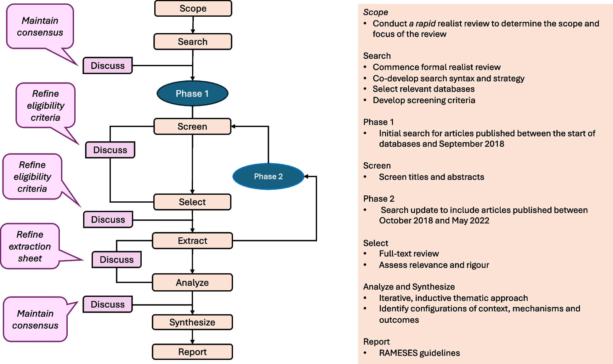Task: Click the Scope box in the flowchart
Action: coord(193,9)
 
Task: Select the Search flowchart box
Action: coord(193,42)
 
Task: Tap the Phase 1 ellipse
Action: coord(192,94)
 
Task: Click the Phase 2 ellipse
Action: coord(268,176)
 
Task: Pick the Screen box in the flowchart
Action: coord(192,126)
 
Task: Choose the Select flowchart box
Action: coord(192,202)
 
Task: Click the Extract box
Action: coord(192,241)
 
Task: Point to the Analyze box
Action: coord(192,283)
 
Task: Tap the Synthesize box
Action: coord(192,322)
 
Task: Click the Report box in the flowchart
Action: coord(192,352)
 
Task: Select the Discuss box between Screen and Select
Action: coord(110,150)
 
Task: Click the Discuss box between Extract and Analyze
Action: coord(116,260)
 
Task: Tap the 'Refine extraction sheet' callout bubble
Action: coord(30,246)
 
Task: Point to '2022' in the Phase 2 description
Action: coord(480,221)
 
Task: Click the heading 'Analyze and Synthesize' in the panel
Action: coord(409,287)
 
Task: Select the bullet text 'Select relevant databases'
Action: coord(423,89)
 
